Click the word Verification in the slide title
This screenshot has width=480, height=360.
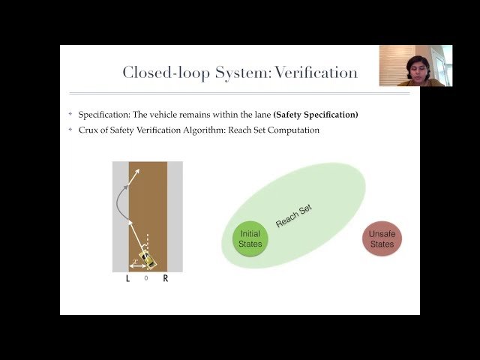[316, 73]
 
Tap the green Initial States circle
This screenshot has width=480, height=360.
[250, 239]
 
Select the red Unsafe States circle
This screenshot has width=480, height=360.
[382, 239]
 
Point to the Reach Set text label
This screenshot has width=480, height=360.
[293, 217]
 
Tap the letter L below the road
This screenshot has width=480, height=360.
[128, 278]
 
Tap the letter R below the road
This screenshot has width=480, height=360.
[166, 278]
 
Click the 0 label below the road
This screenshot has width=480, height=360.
[146, 278]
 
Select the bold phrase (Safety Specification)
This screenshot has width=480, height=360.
[316, 115]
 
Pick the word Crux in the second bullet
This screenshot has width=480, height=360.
[88, 130]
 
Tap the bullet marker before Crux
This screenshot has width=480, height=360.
[70, 130]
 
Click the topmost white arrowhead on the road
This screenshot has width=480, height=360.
[138, 172]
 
